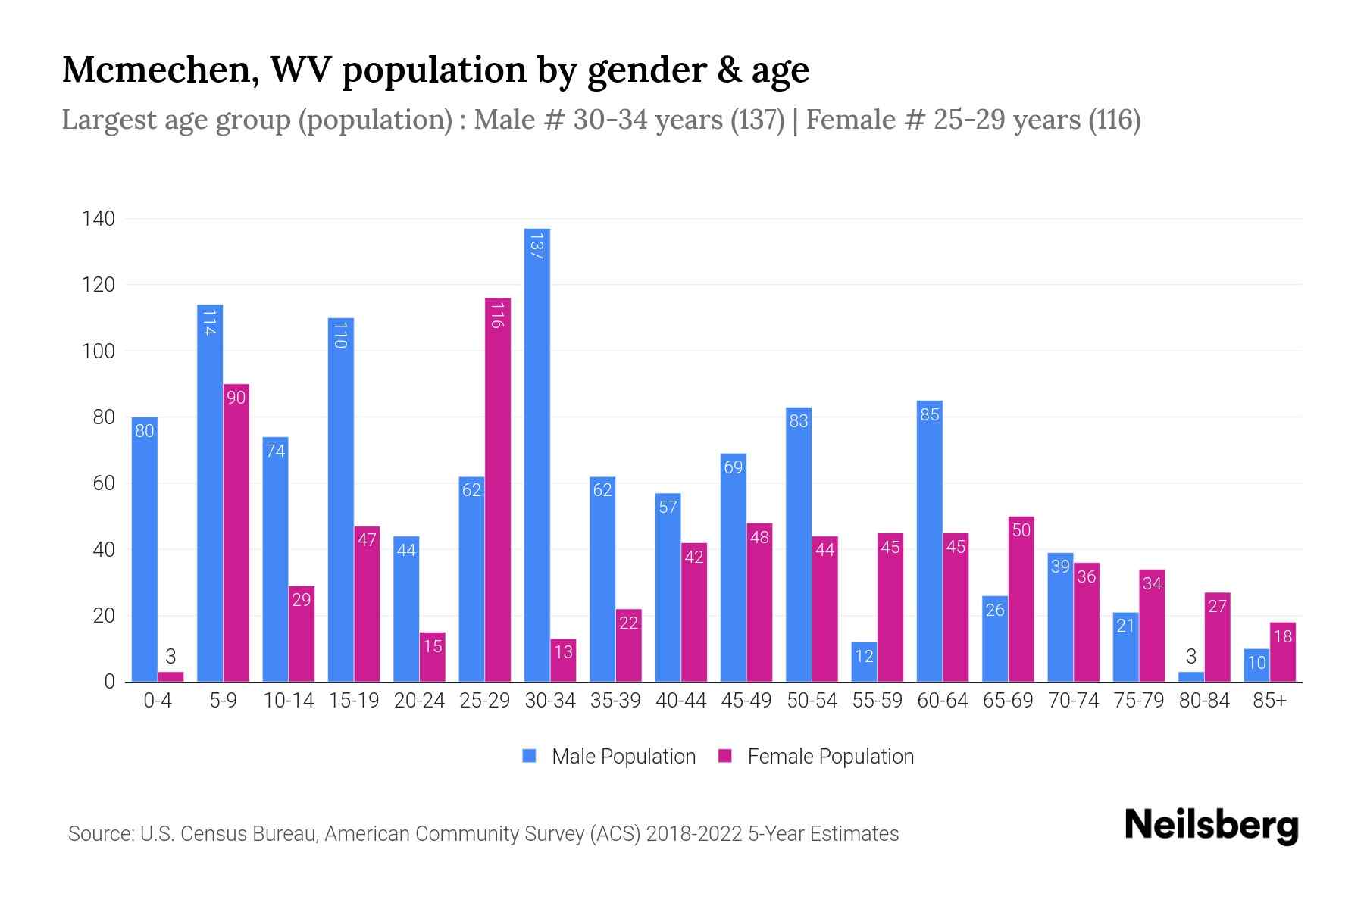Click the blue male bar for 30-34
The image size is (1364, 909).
(537, 454)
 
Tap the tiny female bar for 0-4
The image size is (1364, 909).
(170, 676)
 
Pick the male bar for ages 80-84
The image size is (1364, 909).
(1191, 676)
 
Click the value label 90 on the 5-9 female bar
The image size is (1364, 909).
(236, 398)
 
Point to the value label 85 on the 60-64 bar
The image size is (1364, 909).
(930, 414)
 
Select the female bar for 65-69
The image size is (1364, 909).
(1021, 598)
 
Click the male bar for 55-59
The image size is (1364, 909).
(864, 662)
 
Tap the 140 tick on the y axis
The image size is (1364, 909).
(99, 220)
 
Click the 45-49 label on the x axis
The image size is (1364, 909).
(746, 701)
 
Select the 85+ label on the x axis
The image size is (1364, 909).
(1269, 701)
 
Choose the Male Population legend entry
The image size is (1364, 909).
(623, 757)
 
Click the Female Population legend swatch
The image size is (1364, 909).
(725, 756)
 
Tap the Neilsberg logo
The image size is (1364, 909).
(1211, 826)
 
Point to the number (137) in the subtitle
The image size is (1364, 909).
(757, 120)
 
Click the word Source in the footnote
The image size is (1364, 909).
(99, 834)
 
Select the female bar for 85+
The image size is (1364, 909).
(1283, 651)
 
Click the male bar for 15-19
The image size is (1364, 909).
(341, 500)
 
